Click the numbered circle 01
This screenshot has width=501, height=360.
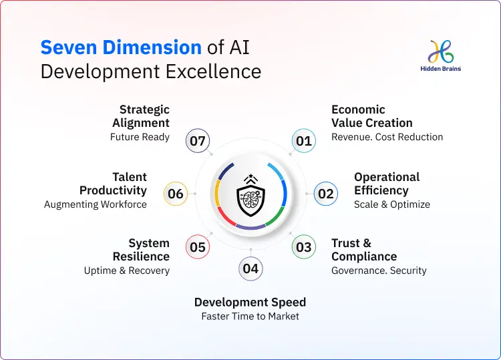(304, 141)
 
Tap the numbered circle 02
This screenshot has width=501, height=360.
(325, 194)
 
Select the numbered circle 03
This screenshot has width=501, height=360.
(303, 247)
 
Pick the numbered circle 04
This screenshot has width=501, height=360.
(251, 268)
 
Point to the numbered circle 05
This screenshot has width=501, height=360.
(197, 247)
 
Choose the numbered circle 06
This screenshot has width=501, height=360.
(176, 194)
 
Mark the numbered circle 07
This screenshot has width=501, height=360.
(197, 141)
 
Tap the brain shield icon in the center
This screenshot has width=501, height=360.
(250, 195)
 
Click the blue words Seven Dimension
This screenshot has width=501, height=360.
(121, 47)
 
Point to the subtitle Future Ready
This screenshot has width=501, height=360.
(140, 137)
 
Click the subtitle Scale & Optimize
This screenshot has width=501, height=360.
(391, 204)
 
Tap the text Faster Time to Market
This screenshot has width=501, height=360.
(250, 316)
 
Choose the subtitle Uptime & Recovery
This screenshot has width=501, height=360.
(126, 271)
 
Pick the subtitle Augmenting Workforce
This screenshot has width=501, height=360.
(96, 204)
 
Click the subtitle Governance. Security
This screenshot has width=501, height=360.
(379, 271)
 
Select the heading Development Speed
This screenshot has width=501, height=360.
(250, 302)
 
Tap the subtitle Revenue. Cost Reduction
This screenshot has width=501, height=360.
(387, 137)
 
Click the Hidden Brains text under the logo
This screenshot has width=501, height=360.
(441, 69)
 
